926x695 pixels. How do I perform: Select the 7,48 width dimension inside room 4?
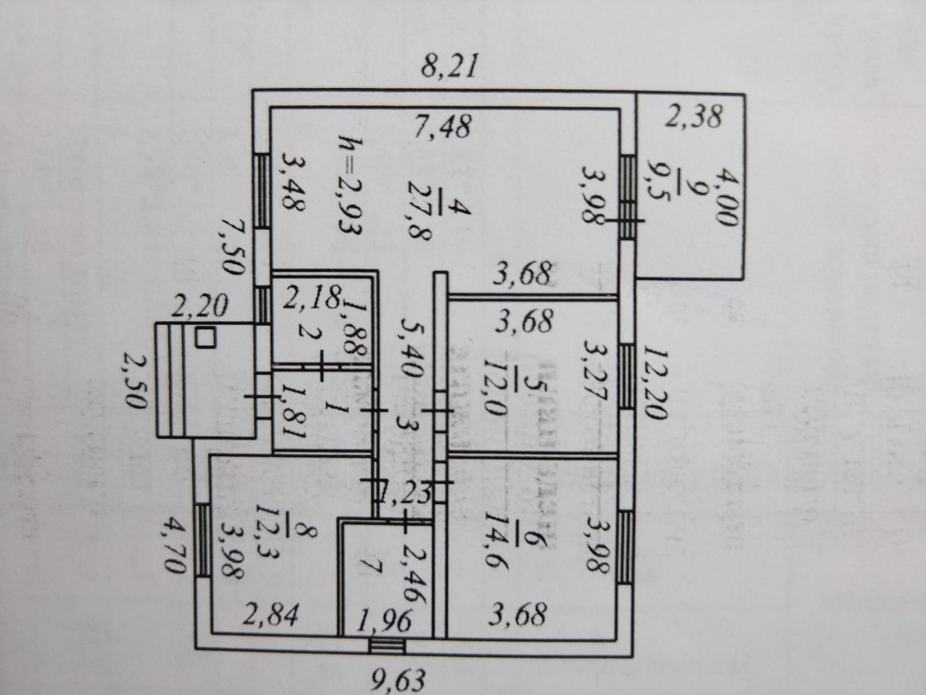click(444, 126)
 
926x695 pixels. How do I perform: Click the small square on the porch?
click(205, 337)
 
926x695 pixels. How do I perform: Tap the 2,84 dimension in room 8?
click(270, 616)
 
